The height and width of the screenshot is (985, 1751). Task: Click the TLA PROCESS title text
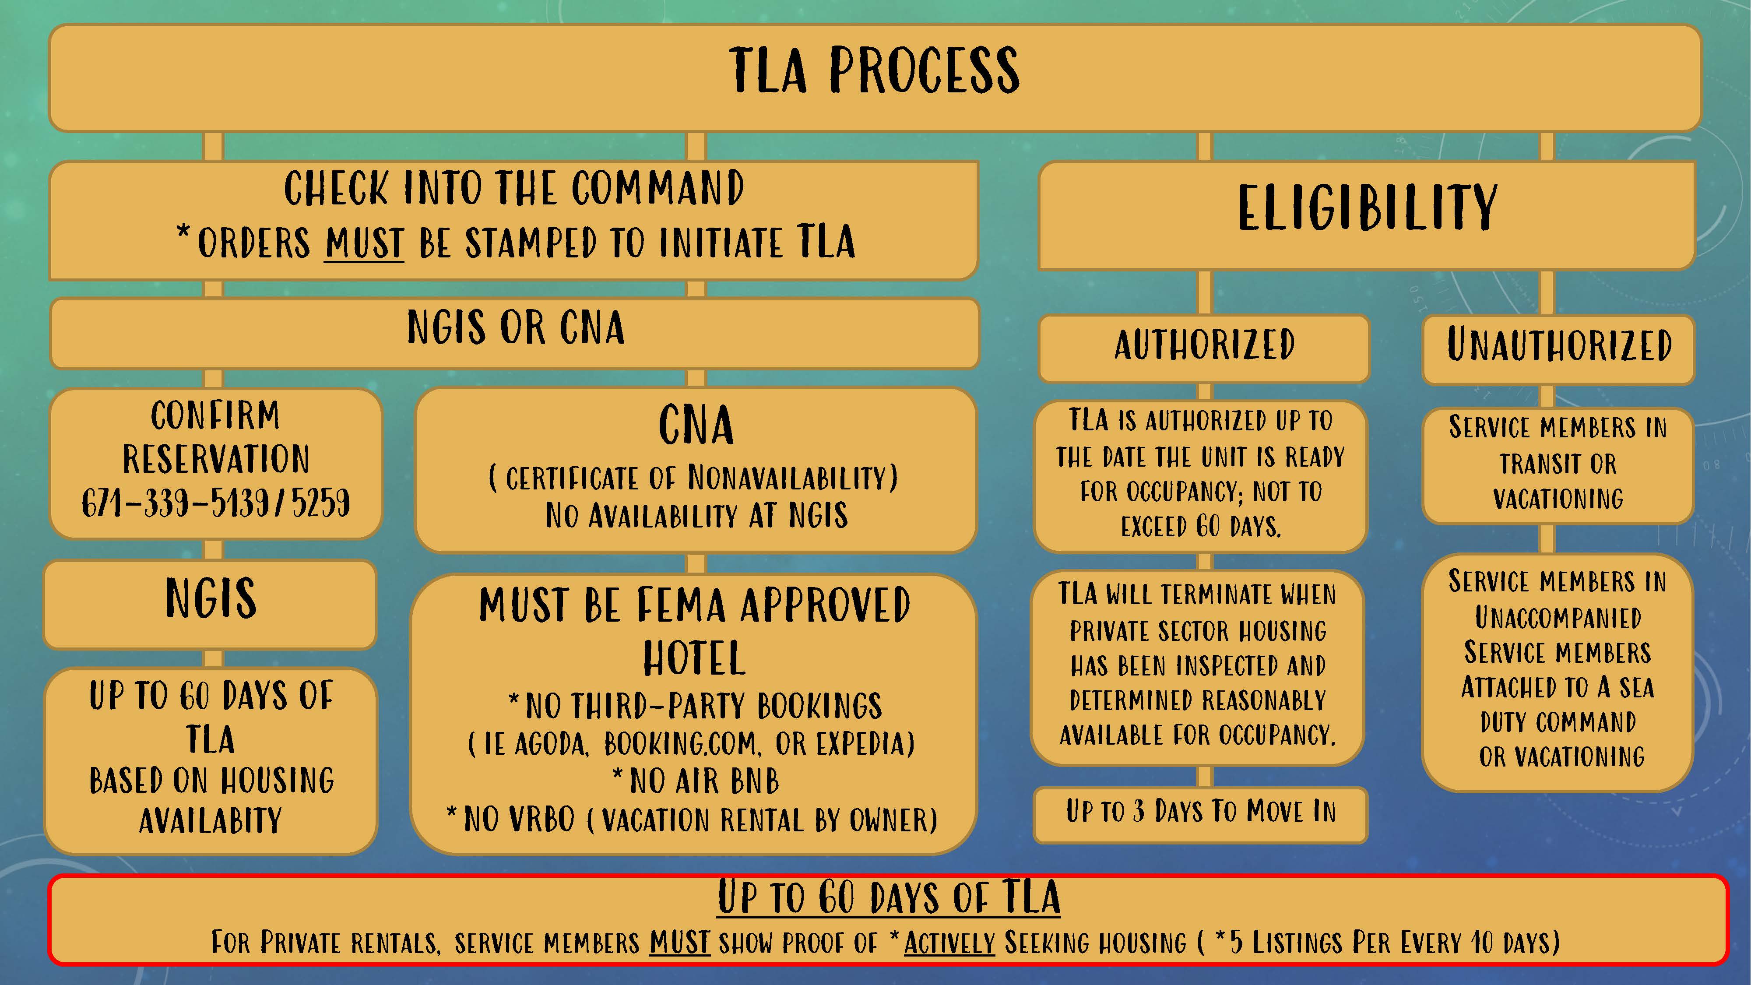(874, 70)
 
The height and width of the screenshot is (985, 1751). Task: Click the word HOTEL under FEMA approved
(694, 658)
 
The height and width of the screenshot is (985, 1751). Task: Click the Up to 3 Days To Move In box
(1200, 812)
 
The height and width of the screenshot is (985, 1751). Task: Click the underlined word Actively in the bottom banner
(949, 943)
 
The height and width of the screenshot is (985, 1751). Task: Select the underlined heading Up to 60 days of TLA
(889, 897)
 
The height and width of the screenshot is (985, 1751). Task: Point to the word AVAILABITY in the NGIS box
(210, 820)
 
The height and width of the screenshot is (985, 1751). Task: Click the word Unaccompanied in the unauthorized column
(1558, 618)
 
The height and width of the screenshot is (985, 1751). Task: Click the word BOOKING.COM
(680, 744)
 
